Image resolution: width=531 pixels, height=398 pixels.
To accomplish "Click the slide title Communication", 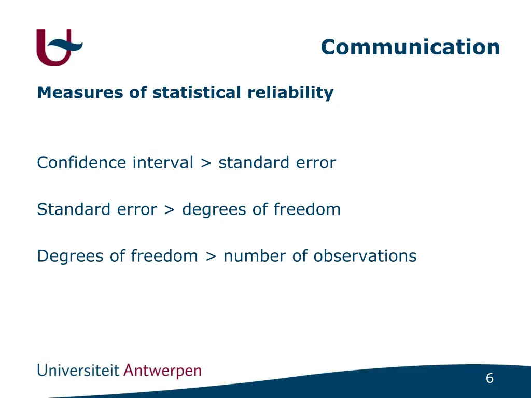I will tap(410, 47).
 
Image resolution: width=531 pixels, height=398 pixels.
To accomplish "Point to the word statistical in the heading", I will tap(197, 93).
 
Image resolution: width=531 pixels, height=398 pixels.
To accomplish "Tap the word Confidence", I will tap(81, 163).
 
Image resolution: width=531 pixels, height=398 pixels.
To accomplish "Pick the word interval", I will tap(163, 163).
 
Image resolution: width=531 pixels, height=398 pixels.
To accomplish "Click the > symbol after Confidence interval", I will tap(206, 163).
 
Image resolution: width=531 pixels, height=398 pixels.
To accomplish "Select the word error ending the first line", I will tap(316, 163).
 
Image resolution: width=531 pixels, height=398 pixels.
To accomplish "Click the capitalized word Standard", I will tap(69, 209).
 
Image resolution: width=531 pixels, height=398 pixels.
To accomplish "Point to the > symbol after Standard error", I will tap(169, 210).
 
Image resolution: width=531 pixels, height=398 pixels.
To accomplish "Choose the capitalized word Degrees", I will tap(71, 257).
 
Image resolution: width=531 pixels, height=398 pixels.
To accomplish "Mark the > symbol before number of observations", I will tap(211, 257).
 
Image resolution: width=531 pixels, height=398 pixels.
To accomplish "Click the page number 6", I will tap(490, 379).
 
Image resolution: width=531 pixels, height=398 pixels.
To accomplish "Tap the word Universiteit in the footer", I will tap(78, 371).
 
